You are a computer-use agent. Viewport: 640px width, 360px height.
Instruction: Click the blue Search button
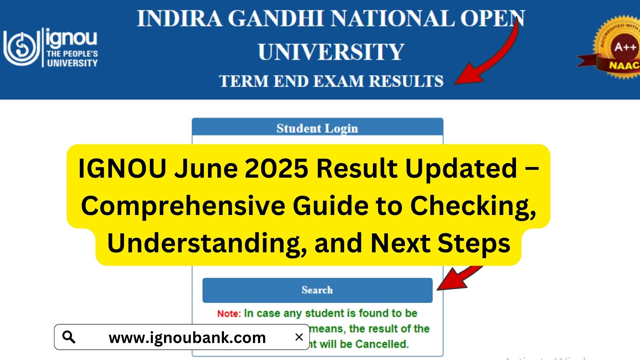[x=317, y=290]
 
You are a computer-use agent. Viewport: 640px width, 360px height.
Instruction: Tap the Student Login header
[x=317, y=128]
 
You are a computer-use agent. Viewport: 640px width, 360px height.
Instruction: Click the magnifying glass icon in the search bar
[x=69, y=337]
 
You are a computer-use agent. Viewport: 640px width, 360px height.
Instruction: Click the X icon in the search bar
[x=299, y=337]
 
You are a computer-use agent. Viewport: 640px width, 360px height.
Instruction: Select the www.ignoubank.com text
[x=187, y=338]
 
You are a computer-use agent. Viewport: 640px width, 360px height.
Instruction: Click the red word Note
[x=229, y=314]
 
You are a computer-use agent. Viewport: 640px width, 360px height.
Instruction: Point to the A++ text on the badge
[x=625, y=47]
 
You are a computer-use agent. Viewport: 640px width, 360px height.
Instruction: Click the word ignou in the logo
[x=71, y=38]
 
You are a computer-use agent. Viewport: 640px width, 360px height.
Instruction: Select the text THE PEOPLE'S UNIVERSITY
[x=72, y=58]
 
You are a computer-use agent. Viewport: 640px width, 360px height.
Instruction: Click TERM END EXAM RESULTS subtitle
[x=331, y=81]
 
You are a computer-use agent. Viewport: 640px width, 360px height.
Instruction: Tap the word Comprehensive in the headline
[x=183, y=206]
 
